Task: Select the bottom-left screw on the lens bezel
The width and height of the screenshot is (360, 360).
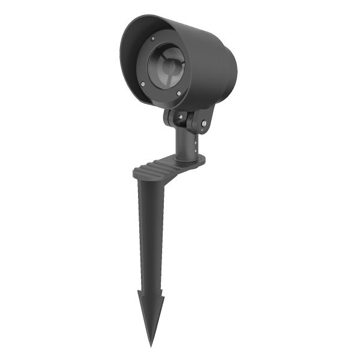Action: tap(143, 85)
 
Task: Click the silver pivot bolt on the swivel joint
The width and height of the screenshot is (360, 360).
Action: tap(205, 125)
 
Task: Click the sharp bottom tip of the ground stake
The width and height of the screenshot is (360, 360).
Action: tap(151, 345)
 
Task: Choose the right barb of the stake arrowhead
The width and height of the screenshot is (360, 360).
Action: tap(164, 296)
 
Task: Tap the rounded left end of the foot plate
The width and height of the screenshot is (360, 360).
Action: tap(137, 174)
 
